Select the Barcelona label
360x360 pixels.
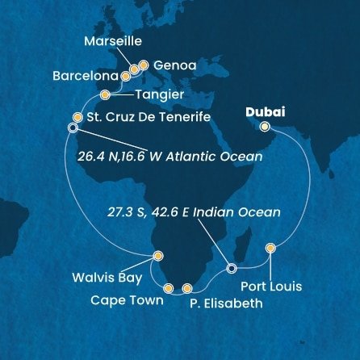pos(82,80)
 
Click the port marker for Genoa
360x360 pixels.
pos(144,63)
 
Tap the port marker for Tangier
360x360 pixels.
pos(104,95)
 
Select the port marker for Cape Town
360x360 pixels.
pos(168,287)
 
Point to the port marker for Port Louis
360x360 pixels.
pos(270,247)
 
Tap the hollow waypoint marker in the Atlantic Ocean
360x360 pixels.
pos(73,128)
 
